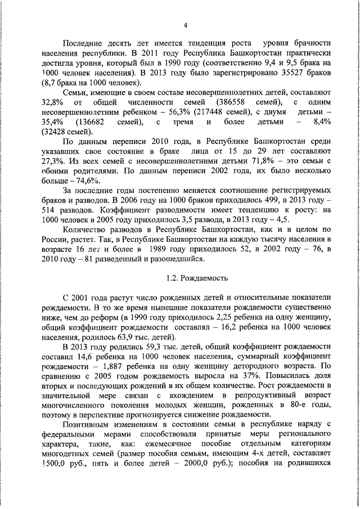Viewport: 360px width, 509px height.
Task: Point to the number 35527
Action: click(278, 73)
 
